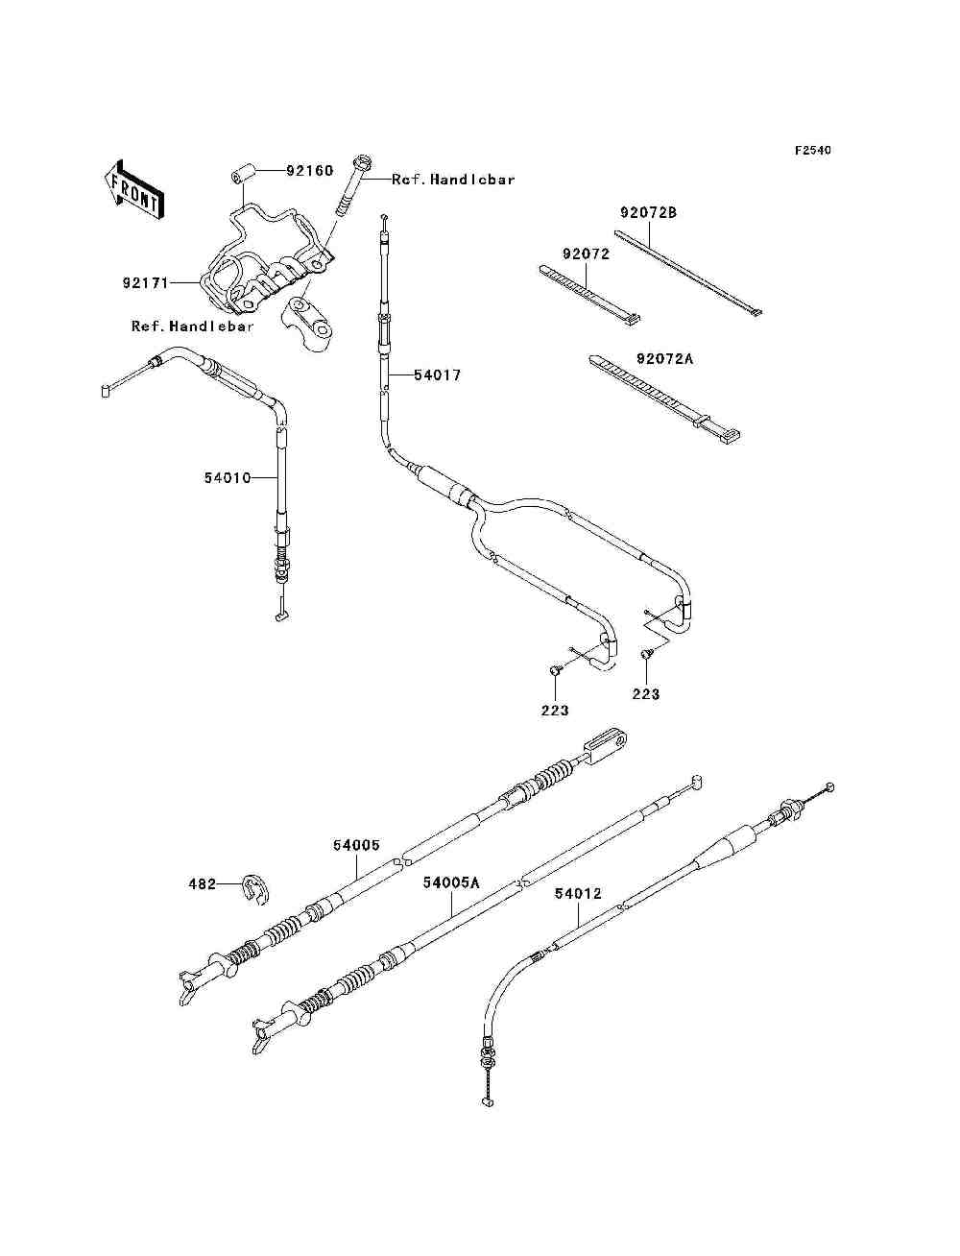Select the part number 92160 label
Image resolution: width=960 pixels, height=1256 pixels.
pos(309,171)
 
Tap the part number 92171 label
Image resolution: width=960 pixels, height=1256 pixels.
pos(145,282)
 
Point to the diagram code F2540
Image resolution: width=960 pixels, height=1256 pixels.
pos(812,151)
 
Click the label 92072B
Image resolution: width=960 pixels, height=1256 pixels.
pos(648,213)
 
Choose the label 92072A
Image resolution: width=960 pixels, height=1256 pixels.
pos(664,359)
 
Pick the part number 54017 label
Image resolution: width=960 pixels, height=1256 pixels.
pos(438,375)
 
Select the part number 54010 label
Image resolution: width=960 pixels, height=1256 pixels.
pos(228,477)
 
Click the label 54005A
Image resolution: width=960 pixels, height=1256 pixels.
pos(451,882)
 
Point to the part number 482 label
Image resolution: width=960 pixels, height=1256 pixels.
pos(203,884)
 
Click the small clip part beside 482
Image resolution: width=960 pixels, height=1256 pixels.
pos(255,889)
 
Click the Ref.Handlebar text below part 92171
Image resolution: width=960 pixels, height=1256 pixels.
pos(193,326)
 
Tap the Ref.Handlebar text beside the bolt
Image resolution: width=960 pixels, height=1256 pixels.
pos(453,180)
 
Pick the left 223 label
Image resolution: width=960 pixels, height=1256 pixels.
pos(555,711)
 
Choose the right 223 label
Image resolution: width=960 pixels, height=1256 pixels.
pos(646,694)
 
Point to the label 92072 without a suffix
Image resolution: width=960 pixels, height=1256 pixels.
pos(586,254)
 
